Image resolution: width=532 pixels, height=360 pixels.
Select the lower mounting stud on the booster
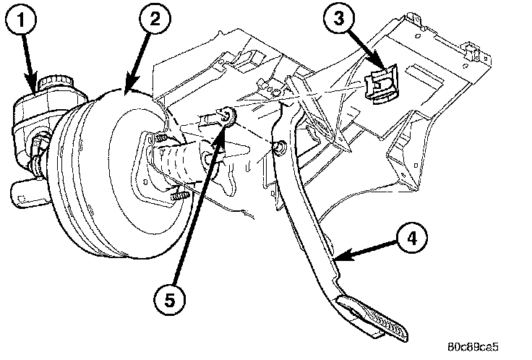point(178,195)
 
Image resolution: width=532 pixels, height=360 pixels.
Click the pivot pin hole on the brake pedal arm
point(278,149)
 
